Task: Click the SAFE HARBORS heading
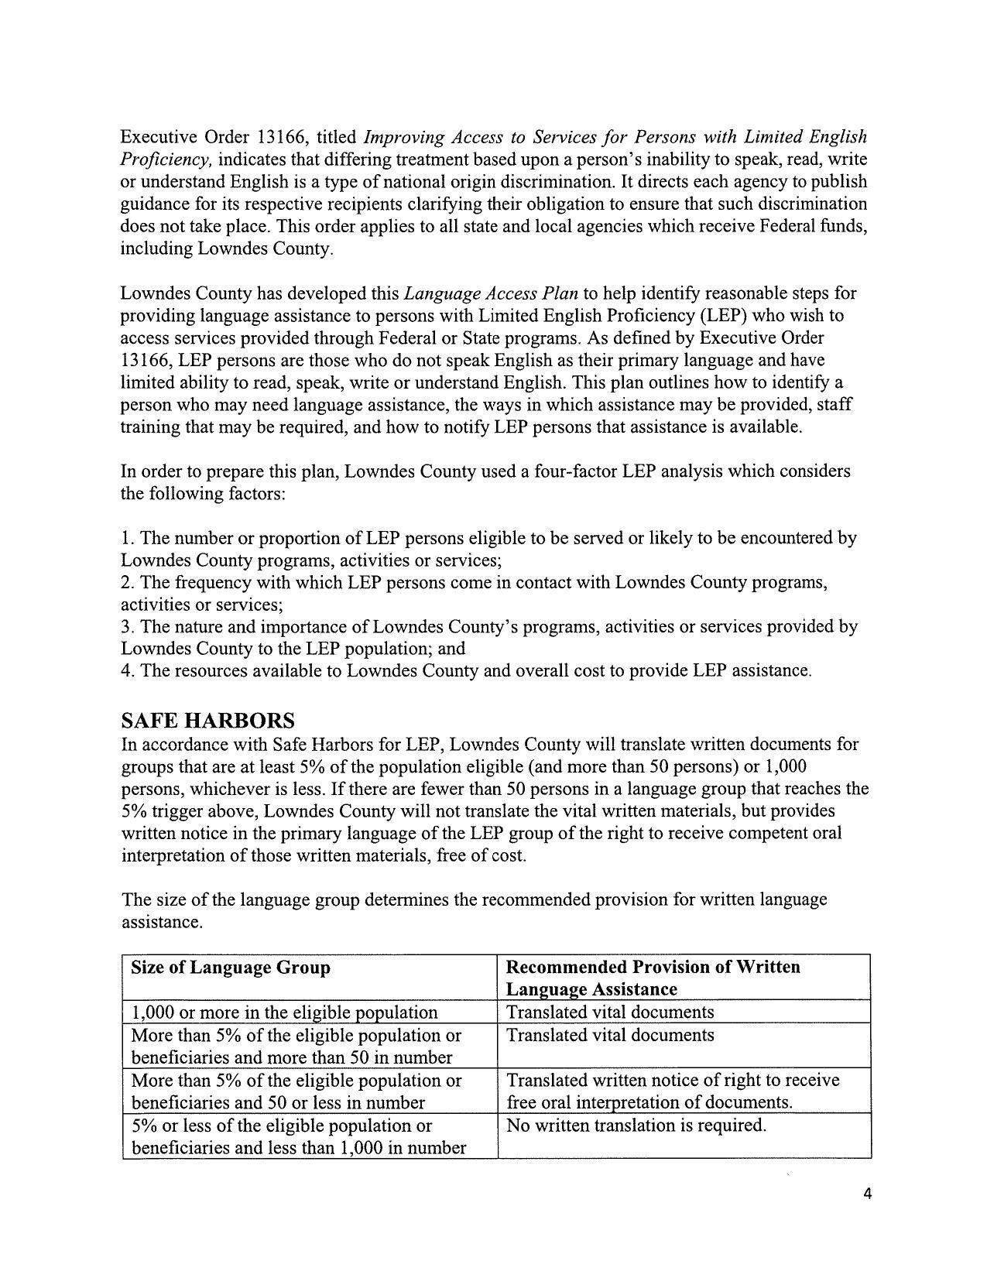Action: click(x=207, y=721)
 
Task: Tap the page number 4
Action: click(x=867, y=1194)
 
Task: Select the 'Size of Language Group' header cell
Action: click(x=231, y=968)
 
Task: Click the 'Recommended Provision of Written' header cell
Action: click(x=653, y=968)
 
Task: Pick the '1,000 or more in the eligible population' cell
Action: click(x=285, y=1012)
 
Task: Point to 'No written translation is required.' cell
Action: click(x=636, y=1126)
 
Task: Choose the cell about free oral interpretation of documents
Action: click(x=673, y=1091)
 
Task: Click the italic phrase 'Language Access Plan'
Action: click(x=491, y=293)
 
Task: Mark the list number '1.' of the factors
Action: click(x=127, y=538)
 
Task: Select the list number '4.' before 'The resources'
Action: click(x=128, y=671)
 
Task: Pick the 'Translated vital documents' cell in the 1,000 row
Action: click(x=610, y=1012)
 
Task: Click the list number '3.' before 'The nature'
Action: click(x=128, y=627)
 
